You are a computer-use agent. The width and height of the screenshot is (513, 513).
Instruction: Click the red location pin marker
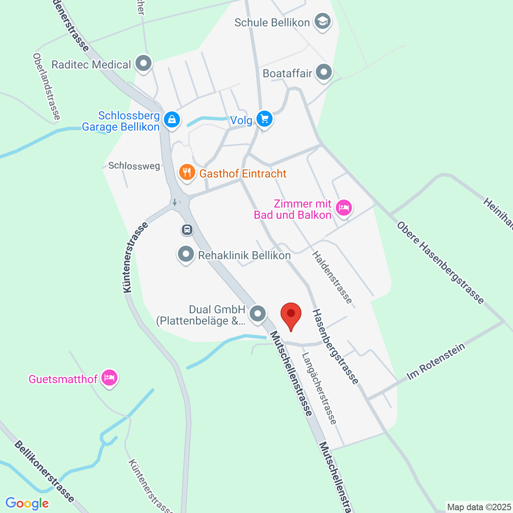click(x=291, y=315)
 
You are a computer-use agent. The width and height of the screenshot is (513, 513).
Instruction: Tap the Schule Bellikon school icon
click(x=322, y=22)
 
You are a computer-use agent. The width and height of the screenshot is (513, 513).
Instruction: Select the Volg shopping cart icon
click(x=264, y=119)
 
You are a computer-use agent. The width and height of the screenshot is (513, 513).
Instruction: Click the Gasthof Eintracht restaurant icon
click(x=187, y=173)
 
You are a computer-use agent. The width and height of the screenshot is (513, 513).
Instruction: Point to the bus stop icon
click(x=187, y=230)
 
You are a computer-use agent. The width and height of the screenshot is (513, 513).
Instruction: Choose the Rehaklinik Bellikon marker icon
click(x=186, y=254)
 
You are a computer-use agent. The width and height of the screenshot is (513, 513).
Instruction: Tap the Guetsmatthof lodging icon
click(x=109, y=378)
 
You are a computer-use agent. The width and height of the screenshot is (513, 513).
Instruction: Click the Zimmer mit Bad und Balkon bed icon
click(x=343, y=208)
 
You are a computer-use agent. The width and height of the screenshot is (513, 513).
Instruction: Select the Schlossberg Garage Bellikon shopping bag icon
click(x=172, y=120)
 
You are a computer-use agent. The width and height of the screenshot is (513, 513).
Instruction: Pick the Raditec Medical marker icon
click(x=143, y=63)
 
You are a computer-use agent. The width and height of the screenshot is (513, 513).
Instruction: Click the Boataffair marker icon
click(x=324, y=73)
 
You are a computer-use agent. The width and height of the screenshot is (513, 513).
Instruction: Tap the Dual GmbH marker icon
click(x=258, y=314)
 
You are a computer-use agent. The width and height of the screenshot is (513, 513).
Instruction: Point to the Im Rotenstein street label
click(x=436, y=362)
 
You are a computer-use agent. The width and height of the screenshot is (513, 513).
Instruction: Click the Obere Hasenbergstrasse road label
click(x=440, y=263)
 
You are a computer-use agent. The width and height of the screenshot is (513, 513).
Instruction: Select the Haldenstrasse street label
click(x=333, y=277)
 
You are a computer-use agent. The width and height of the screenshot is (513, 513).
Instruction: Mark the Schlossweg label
click(x=134, y=166)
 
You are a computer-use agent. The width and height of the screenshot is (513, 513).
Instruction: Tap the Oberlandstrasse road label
click(x=47, y=87)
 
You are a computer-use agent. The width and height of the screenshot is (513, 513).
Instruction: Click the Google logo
click(x=27, y=503)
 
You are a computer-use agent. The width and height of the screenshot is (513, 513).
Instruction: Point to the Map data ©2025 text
click(x=479, y=507)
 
